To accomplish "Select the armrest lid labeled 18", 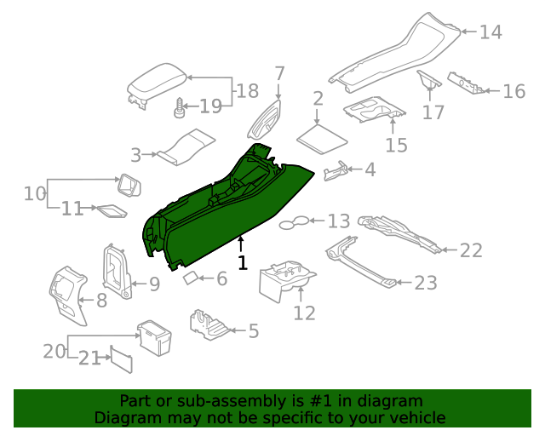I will pos(156,86).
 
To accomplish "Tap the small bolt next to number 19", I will pos(180,106).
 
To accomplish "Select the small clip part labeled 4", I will pos(336,171).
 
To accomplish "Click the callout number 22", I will pos(471,250).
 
